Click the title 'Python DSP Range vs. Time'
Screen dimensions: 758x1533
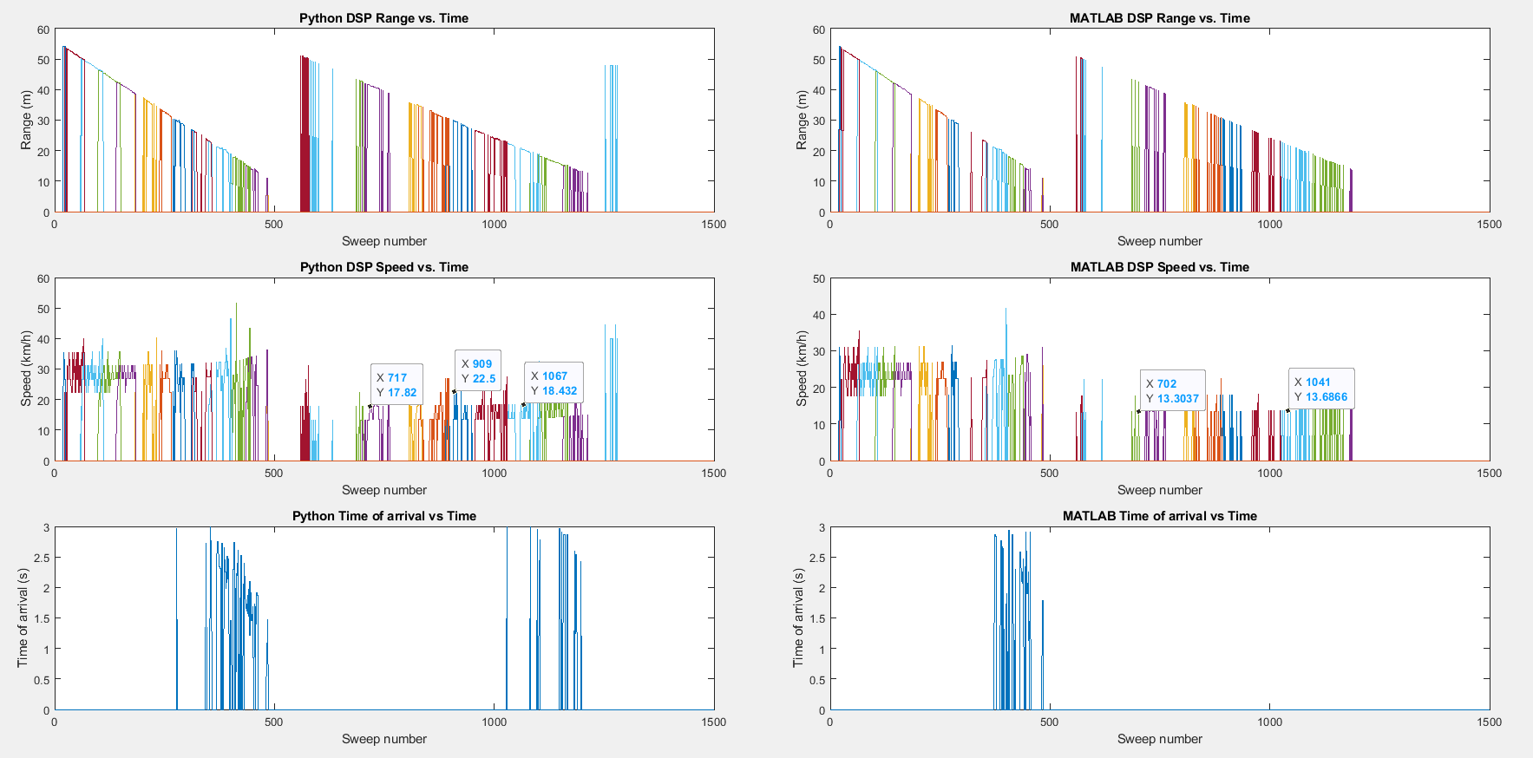click(383, 18)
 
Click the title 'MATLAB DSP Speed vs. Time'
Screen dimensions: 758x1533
click(1159, 267)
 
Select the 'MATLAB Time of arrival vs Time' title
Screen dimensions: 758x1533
click(1159, 516)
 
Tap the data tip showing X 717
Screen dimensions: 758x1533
click(396, 385)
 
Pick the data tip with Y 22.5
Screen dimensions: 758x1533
click(478, 371)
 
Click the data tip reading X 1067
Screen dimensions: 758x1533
click(554, 383)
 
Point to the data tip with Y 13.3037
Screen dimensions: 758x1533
click(1172, 391)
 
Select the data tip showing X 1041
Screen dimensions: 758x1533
click(1320, 389)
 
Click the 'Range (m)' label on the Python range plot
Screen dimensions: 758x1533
click(26, 121)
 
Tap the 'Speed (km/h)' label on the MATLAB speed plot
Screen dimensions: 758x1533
click(802, 369)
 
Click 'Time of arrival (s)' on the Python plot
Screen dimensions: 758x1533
click(23, 618)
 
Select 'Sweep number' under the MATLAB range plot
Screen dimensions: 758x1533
click(1159, 241)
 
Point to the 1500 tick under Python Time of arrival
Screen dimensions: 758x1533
click(713, 722)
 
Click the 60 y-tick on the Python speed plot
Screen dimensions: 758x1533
click(43, 278)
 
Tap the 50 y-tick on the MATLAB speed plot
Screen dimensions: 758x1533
click(819, 278)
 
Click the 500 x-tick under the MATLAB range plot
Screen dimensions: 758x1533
click(1049, 224)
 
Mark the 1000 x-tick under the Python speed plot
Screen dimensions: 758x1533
click(494, 473)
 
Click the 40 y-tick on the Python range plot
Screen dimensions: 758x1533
click(43, 90)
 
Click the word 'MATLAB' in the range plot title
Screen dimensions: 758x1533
click(1095, 18)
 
